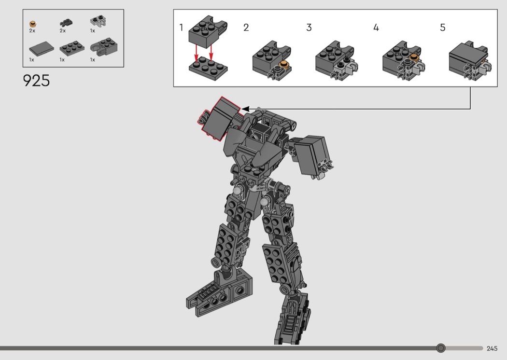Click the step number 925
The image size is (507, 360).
coord(36,81)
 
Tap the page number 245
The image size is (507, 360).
coord(492,348)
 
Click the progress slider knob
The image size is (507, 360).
coord(440,348)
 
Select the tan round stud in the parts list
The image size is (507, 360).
coord(33,24)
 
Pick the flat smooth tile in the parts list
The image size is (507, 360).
coord(42,49)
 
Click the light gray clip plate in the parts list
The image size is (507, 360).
coord(99,21)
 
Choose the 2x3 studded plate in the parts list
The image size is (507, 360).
coord(72,48)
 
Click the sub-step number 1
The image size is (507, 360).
coord(181,28)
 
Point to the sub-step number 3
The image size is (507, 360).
coord(309,28)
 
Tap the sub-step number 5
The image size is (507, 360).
coord(443,28)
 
